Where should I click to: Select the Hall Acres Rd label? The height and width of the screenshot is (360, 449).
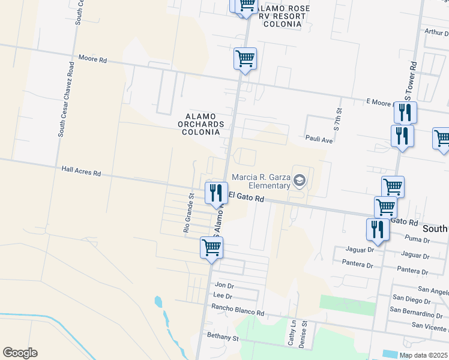pyautogui.click(x=81, y=172)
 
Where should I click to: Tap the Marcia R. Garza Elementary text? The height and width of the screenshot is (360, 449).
pyautogui.click(x=261, y=181)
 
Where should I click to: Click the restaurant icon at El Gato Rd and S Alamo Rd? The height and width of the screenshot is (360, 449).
pyautogui.click(x=216, y=193)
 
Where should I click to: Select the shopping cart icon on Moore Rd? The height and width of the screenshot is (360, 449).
pyautogui.click(x=244, y=59)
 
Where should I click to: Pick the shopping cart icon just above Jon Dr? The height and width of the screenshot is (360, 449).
pyautogui.click(x=211, y=247)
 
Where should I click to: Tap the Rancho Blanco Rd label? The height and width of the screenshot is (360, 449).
pyautogui.click(x=237, y=313)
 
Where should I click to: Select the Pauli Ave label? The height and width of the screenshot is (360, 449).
pyautogui.click(x=318, y=139)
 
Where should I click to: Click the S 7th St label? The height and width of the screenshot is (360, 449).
pyautogui.click(x=338, y=120)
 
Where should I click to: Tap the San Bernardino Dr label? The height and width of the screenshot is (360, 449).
pyautogui.click(x=418, y=313)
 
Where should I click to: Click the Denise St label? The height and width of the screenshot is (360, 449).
pyautogui.click(x=304, y=332)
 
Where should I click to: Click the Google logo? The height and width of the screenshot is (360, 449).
pyautogui.click(x=20, y=353)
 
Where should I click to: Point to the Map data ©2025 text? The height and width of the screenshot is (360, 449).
pyautogui.click(x=424, y=355)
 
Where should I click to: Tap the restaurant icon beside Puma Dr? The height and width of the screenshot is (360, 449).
pyautogui.click(x=377, y=229)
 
